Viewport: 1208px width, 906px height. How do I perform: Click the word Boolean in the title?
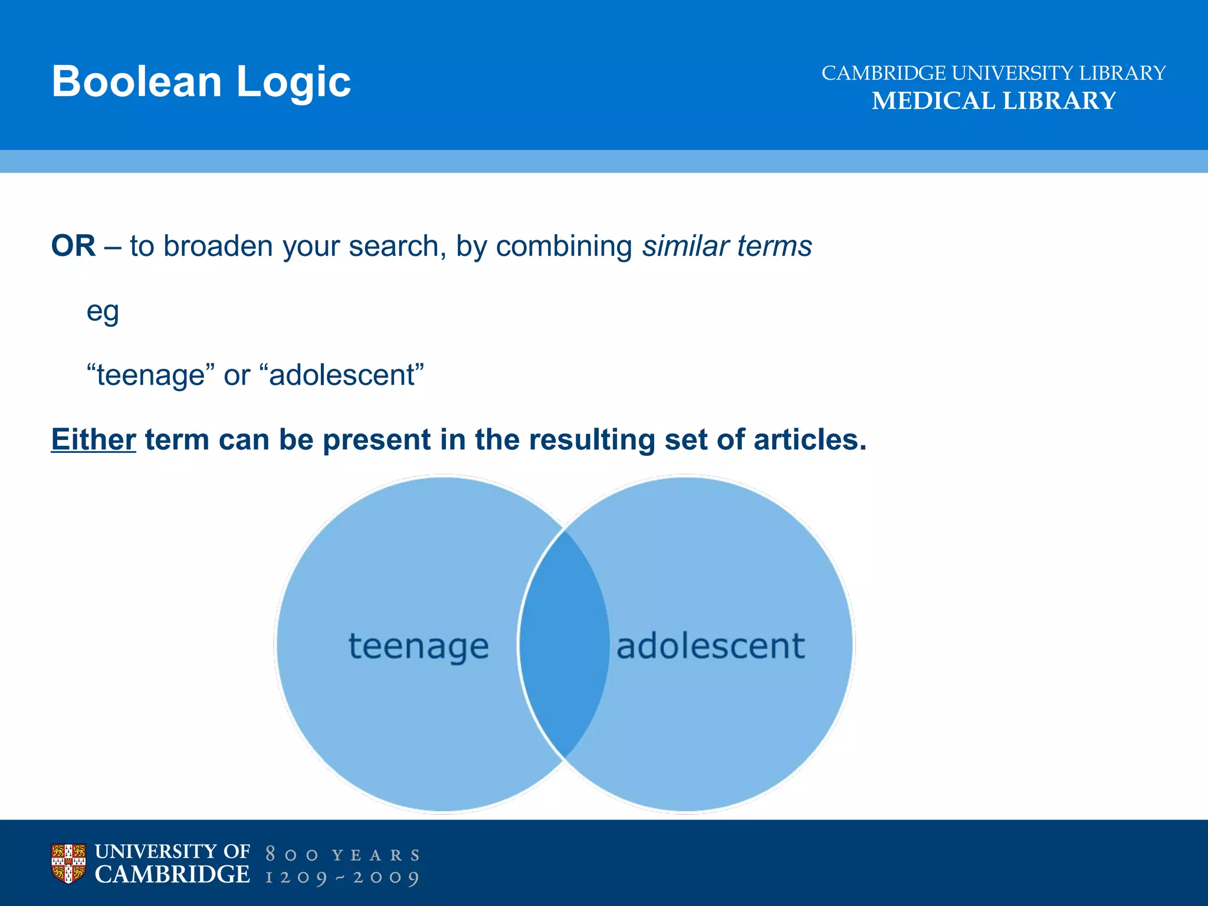click(x=136, y=81)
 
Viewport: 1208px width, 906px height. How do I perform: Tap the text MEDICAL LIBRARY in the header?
click(x=993, y=101)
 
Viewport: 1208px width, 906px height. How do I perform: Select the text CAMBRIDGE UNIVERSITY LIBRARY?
click(x=993, y=73)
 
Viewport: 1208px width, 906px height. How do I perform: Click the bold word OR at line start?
click(x=73, y=246)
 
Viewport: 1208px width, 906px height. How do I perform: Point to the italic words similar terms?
click(x=727, y=246)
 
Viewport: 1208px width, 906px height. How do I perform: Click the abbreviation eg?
click(x=103, y=312)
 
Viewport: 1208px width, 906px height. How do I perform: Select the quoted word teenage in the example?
click(x=150, y=375)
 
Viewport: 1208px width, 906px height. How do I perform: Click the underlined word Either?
click(x=93, y=440)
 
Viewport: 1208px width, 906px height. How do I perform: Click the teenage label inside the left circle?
click(x=419, y=646)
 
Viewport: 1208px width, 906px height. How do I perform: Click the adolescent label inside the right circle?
click(x=710, y=646)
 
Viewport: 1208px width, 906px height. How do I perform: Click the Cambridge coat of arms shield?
click(x=68, y=863)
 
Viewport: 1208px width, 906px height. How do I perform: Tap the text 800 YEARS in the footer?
click(x=342, y=855)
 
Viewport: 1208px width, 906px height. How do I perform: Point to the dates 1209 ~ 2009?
click(x=342, y=878)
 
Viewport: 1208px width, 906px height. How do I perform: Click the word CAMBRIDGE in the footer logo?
click(x=172, y=875)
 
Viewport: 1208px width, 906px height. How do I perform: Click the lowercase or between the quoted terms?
click(x=237, y=376)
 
